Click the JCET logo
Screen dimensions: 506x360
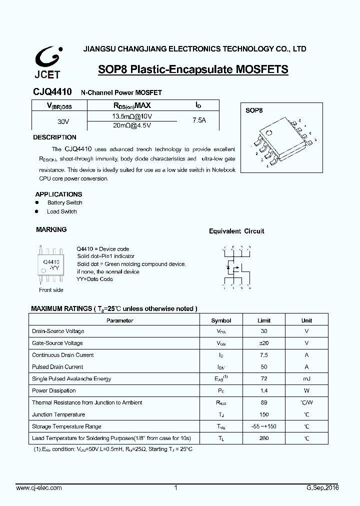(47, 62)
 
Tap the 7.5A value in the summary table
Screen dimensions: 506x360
(199, 120)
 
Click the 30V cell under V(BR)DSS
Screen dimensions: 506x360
(63, 121)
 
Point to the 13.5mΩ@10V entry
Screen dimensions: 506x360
(131, 116)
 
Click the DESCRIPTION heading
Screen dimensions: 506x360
(54, 137)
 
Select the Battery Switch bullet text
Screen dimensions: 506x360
(64, 202)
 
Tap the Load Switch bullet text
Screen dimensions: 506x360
(61, 211)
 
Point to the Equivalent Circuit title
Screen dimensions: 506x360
(236, 231)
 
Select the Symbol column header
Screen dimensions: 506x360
(221, 320)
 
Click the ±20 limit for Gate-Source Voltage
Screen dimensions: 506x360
(263, 343)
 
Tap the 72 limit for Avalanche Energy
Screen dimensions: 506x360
(263, 379)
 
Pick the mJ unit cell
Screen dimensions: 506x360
(306, 379)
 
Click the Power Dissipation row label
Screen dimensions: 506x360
(54, 390)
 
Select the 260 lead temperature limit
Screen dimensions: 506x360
(263, 438)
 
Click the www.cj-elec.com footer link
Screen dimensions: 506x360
(39, 487)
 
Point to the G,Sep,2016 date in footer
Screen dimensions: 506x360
(322, 487)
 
